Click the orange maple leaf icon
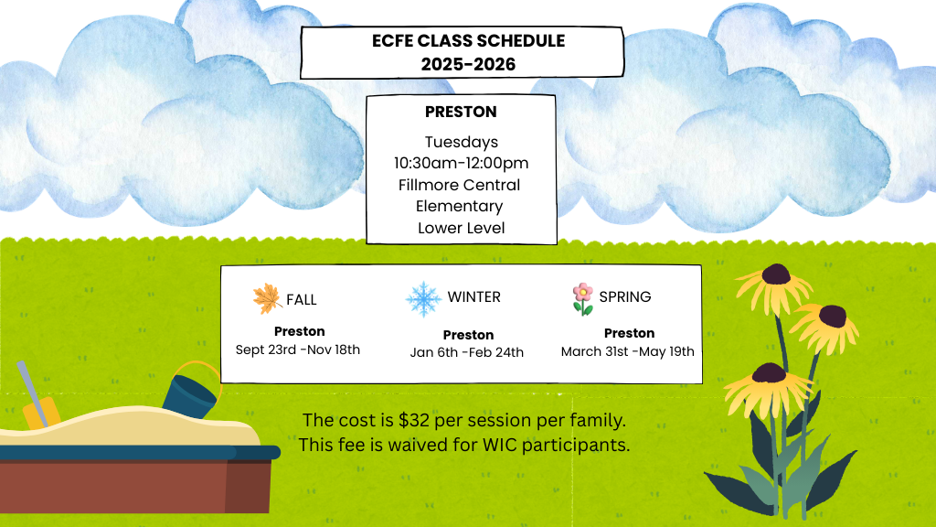[x=267, y=299]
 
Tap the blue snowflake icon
[x=423, y=299]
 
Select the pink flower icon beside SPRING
[x=582, y=299]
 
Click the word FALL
[x=302, y=299]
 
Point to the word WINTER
[x=474, y=297]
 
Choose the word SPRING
[x=625, y=297]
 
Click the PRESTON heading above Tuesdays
[x=461, y=112]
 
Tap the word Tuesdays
[x=462, y=143]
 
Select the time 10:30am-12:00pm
[x=461, y=163]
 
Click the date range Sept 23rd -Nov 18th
[x=298, y=350]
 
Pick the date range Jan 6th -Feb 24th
[x=467, y=352]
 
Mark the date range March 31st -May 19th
[x=628, y=351]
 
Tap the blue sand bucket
[x=190, y=395]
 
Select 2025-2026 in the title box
[x=468, y=65]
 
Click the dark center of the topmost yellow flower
[x=775, y=274]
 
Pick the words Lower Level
[x=462, y=228]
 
